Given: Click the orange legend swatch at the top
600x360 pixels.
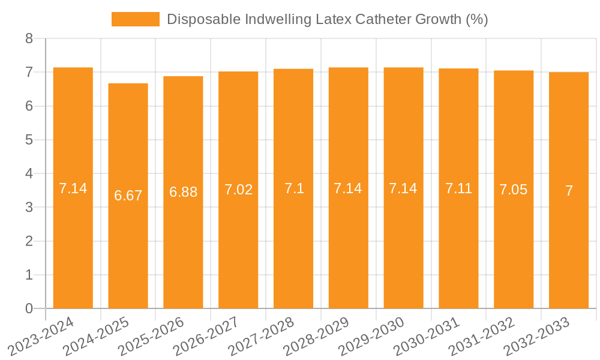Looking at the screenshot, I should click(x=135, y=19).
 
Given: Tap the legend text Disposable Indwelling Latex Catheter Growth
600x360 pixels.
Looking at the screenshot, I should click(x=327, y=19).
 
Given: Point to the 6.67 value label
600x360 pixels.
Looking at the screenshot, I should click(x=128, y=196).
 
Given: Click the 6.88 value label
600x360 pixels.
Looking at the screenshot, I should click(x=183, y=192).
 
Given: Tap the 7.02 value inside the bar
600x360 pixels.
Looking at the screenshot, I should click(x=238, y=190).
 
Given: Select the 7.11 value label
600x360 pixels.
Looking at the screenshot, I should click(x=458, y=188).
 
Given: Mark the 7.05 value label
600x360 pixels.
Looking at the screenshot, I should click(x=514, y=190).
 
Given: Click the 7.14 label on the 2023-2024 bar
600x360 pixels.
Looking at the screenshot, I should click(x=73, y=188).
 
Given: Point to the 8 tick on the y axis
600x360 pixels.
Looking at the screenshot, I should click(x=29, y=39).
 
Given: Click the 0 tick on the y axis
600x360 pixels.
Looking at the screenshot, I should click(x=29, y=309).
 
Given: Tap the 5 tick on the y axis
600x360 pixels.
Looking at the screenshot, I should click(x=29, y=140).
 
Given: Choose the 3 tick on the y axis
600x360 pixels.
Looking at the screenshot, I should click(x=29, y=208).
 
